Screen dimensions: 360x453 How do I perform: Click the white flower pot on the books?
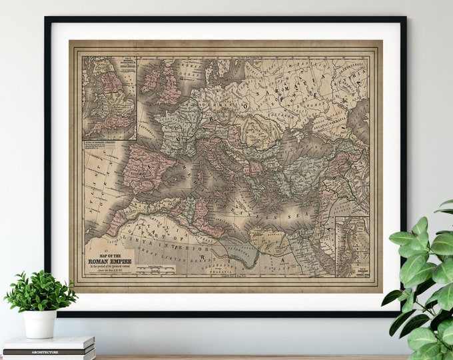point(40,323)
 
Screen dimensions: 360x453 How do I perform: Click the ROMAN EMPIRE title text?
point(109,262)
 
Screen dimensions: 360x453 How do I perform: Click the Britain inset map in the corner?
point(109,97)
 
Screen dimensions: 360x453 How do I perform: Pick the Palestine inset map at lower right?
point(352,246)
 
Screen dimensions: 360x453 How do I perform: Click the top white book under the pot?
point(50,342)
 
